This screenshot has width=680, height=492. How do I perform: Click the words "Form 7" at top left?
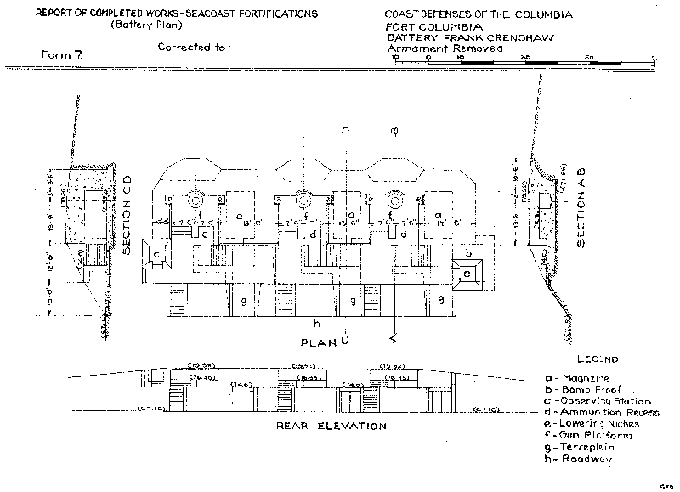pos(59,55)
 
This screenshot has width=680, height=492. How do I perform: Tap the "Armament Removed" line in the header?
pos(445,48)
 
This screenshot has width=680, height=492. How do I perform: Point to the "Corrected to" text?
pos(191,48)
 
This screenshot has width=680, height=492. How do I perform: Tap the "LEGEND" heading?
pos(598,359)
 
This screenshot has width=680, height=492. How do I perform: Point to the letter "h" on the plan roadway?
pos(316,322)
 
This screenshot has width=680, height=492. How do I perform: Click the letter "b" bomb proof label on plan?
pos(469,254)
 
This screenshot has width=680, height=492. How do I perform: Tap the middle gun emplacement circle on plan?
pos(303,201)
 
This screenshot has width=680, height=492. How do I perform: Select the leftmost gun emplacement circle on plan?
pos(194,201)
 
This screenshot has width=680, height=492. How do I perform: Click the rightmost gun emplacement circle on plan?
pos(394,201)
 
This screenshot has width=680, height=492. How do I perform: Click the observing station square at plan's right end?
pos(467,274)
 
